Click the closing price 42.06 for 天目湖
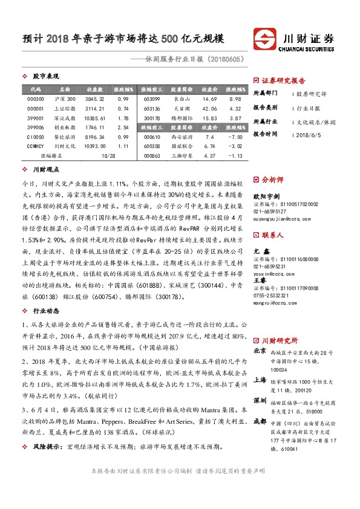click(x=209, y=109)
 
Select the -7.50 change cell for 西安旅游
click(x=235, y=137)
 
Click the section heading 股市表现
click(x=45, y=77)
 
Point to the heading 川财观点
click(x=45, y=171)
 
